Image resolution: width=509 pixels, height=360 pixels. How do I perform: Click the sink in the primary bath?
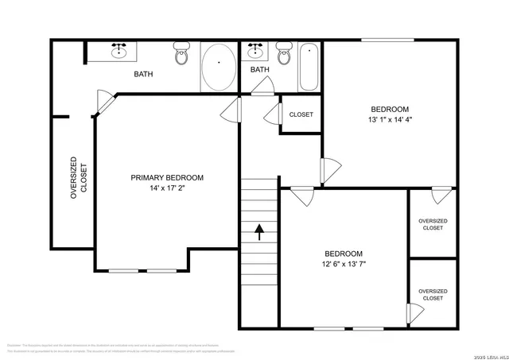point(120,52)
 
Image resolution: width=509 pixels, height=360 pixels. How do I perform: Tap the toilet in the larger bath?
point(181,55)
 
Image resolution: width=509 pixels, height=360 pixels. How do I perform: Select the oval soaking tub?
point(218,68)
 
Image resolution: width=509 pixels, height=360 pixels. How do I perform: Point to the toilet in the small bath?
point(284,55)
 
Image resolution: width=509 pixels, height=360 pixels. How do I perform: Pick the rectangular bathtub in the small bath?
point(309,68)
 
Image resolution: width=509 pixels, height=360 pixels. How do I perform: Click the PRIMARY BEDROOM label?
point(167,177)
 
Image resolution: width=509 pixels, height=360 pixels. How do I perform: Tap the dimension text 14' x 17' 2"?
point(167,189)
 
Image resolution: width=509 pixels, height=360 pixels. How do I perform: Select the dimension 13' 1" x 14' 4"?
point(390,120)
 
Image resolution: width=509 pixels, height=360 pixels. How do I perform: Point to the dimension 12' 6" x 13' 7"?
point(344,264)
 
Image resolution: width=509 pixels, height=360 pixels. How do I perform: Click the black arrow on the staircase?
point(259,231)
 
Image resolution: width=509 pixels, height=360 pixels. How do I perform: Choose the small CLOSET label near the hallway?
point(301,114)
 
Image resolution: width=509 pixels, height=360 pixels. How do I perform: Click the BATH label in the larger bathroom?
point(143,75)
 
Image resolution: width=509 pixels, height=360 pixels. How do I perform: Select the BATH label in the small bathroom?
point(260,70)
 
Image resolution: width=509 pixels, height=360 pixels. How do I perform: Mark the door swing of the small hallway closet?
point(272,114)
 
